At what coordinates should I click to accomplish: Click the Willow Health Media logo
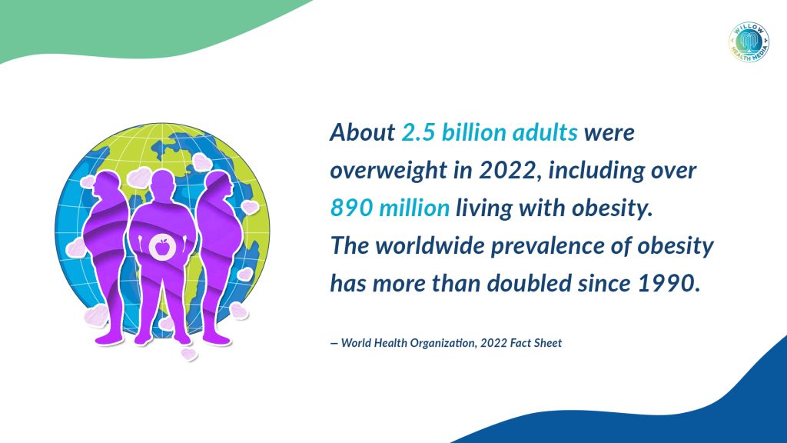(749, 42)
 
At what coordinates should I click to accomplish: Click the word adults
(545, 132)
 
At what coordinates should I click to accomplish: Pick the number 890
(351, 208)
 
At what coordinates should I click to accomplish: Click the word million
(414, 208)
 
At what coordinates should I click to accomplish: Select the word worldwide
(430, 245)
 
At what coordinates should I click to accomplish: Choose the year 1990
(669, 284)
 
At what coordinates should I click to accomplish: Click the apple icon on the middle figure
(161, 247)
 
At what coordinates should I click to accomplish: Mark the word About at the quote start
(363, 132)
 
